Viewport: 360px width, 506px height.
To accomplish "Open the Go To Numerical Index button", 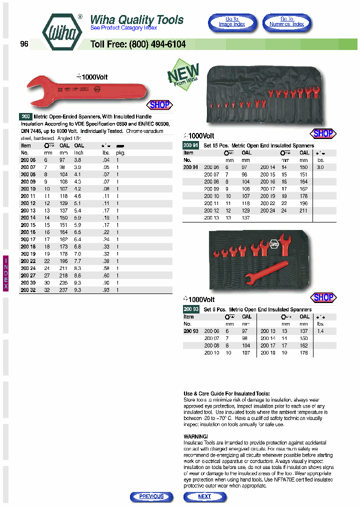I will pyautogui.click(x=286, y=22).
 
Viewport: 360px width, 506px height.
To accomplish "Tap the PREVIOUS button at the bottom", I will pyautogui.click(x=151, y=496).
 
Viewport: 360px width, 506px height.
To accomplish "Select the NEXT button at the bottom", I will pyautogui.click(x=204, y=496).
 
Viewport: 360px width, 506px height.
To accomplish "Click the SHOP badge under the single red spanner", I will pyautogui.click(x=160, y=105).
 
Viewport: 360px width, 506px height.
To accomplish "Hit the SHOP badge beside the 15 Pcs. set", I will pyautogui.click(x=322, y=133).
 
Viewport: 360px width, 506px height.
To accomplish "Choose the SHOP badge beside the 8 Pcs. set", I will pyautogui.click(x=323, y=297).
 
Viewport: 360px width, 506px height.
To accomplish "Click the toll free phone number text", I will pyautogui.click(x=138, y=44).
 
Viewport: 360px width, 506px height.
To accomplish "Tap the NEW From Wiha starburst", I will pyautogui.click(x=183, y=75).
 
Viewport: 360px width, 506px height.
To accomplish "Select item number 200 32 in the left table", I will pyautogui.click(x=28, y=289).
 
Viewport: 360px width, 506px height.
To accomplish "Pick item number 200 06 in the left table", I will pyautogui.click(x=28, y=159).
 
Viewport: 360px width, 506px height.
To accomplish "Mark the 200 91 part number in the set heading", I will pyautogui.click(x=191, y=145).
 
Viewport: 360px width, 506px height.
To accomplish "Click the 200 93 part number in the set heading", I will pyautogui.click(x=191, y=309).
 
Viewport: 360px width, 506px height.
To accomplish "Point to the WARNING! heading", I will pyautogui.click(x=196, y=436).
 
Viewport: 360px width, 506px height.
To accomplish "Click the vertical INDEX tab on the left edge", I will pyautogui.click(x=6, y=273).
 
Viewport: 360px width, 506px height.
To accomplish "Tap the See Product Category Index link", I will pyautogui.click(x=123, y=28).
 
